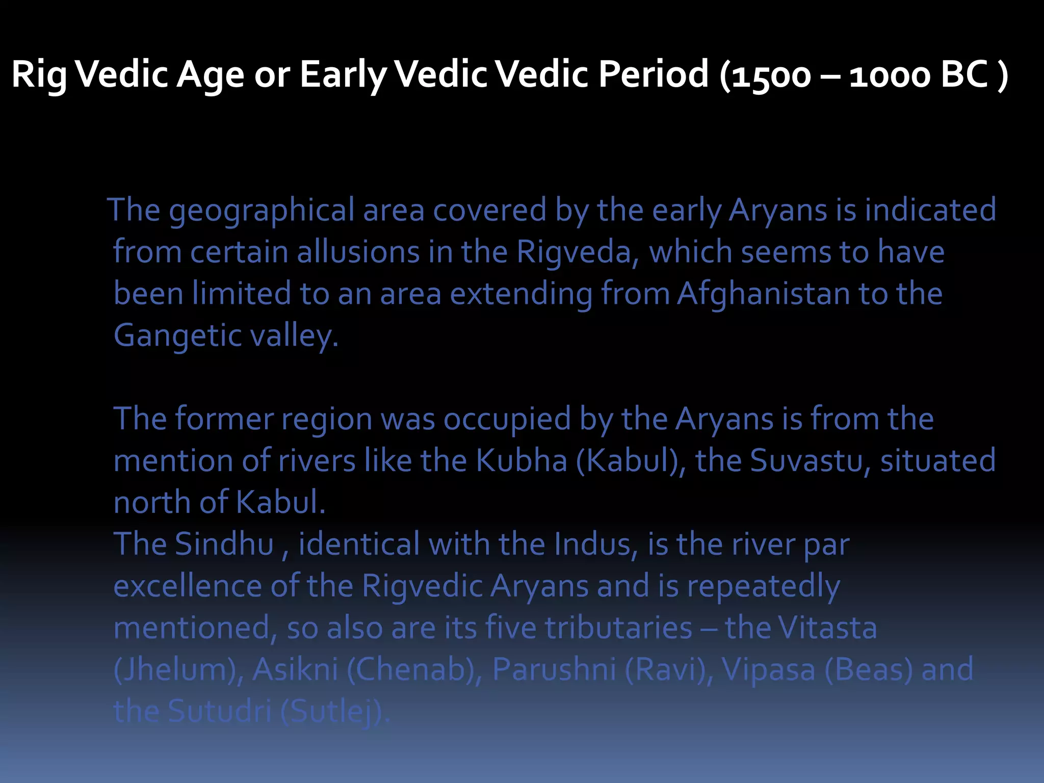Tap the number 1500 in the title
coord(770,75)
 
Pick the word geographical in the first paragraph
coord(262,211)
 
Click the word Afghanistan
coord(763,294)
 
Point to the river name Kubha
coord(521,461)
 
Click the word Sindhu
coord(224,544)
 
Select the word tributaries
coord(618,628)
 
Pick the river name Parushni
coord(554,670)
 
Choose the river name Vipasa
coord(768,670)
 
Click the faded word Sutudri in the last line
coord(220,712)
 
